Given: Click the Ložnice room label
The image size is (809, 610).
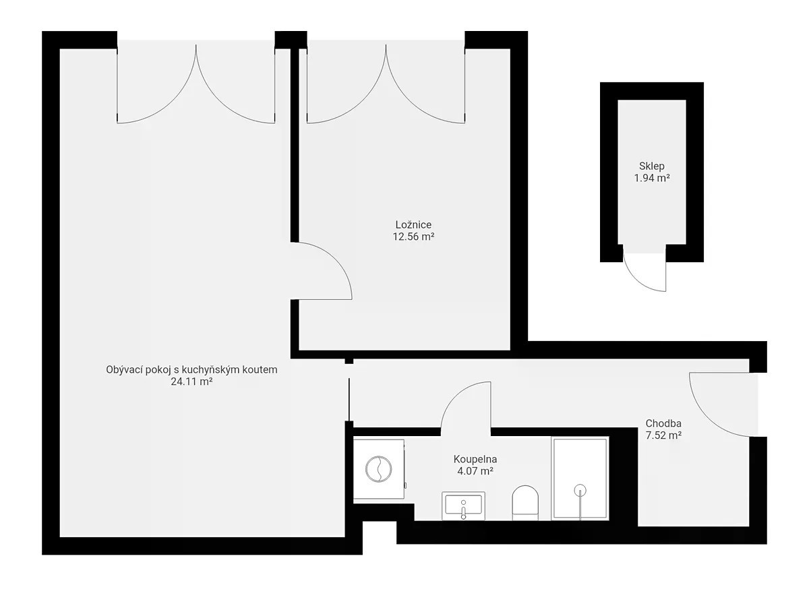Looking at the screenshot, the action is [x=413, y=224].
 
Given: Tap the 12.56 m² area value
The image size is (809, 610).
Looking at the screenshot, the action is [x=413, y=237].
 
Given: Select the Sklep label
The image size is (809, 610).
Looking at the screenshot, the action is [x=652, y=166].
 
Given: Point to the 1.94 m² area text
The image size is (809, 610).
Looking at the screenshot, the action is [x=652, y=178].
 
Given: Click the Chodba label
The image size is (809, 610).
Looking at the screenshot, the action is [x=663, y=423].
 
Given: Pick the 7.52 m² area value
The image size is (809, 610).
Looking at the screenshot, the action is [x=663, y=435].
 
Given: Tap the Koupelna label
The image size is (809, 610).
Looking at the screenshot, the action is [x=475, y=459].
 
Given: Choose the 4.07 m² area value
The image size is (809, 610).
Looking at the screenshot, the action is [x=475, y=470].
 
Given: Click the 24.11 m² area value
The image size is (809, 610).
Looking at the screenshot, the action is [x=191, y=382].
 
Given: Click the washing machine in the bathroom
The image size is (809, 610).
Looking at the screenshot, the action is [x=380, y=469].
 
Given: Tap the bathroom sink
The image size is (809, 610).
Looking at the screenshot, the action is [x=463, y=506].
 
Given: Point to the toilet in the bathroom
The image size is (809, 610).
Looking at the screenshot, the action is [x=525, y=503].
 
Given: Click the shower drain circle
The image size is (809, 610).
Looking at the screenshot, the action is [x=580, y=490].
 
